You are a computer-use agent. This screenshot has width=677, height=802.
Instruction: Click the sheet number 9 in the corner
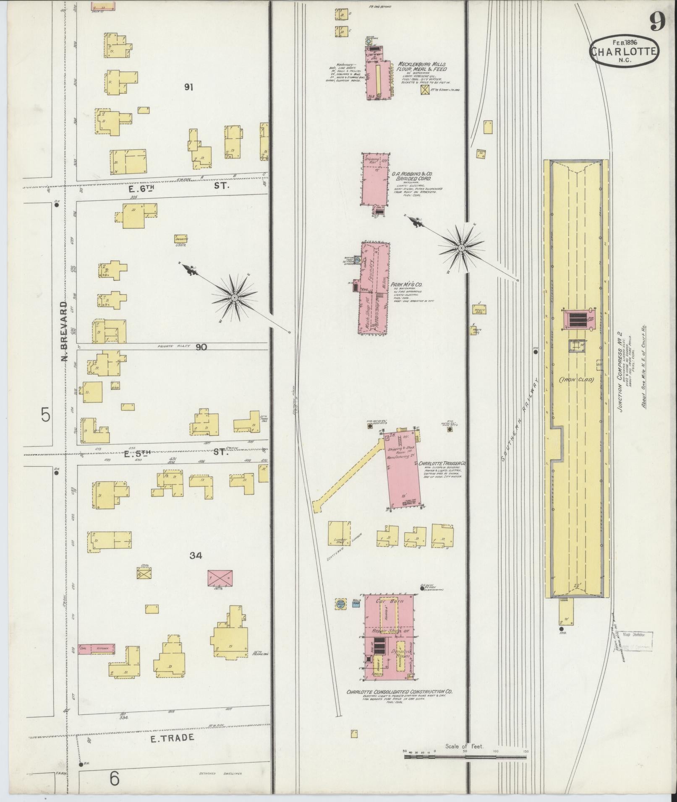point(658,21)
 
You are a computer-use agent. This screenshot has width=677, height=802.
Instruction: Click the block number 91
point(188,87)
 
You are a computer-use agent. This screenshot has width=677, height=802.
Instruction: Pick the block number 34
point(196,556)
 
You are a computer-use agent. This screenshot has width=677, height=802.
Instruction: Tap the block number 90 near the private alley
point(201,347)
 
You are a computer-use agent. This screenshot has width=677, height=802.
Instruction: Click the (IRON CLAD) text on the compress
point(576,380)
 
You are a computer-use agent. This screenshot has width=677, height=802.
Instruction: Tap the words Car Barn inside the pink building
point(389,601)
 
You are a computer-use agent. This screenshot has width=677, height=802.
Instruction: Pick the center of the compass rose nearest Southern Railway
point(461,248)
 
